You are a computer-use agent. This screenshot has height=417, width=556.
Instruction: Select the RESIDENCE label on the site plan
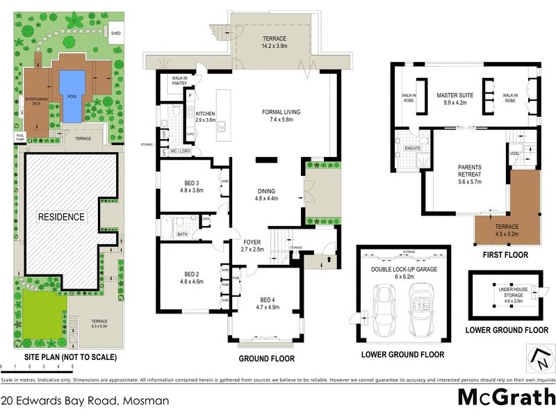coord(61,217)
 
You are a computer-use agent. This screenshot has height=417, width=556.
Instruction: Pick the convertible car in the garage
coord(420,307)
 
